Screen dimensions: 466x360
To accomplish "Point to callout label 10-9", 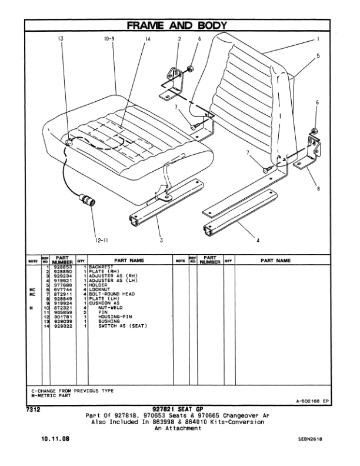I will pos(109,39).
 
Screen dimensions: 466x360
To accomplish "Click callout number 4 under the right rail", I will pos(258,239).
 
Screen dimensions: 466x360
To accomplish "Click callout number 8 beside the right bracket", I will pos(318,189).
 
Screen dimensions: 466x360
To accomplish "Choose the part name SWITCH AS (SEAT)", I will pos(122,326).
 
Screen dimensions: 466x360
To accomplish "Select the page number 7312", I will pos(34,408).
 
